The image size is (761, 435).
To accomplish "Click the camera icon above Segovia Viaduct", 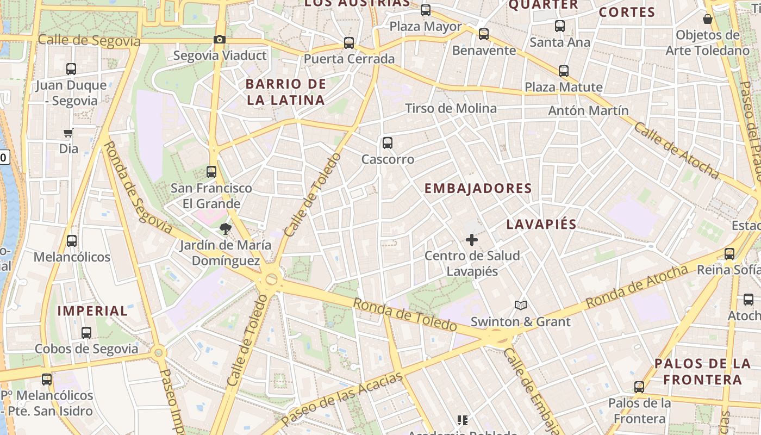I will coord(220,39).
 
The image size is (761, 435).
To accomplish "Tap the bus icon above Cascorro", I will coord(388,143).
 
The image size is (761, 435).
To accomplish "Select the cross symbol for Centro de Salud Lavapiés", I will coord(472,239).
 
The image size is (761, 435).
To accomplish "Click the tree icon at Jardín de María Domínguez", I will coord(225,229).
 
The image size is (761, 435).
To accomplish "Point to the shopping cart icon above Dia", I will coord(68,133).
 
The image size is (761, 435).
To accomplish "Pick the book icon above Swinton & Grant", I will coord(521,305).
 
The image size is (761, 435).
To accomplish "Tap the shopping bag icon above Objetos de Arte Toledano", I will coord(708,19).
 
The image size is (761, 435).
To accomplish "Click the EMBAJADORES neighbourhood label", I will coord(478,189).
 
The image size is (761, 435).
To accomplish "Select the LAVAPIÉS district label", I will coord(541,224).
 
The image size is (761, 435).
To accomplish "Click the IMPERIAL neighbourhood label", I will coord(93,311).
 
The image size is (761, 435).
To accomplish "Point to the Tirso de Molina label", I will coord(451,108).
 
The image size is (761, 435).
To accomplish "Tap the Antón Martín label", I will coord(588,110).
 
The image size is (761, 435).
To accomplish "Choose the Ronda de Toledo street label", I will coord(405,314).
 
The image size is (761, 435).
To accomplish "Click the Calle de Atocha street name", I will coord(676,150).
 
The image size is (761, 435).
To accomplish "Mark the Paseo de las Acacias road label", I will coord(342,399).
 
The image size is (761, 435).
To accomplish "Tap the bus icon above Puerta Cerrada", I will coord(349,42).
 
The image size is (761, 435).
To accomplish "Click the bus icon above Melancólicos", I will coord(71,240).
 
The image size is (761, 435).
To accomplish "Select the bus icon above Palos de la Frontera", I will coord(639,387).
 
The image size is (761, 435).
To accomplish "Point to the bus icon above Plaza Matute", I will coord(564,71).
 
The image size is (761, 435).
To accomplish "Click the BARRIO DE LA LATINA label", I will coord(286,92).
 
